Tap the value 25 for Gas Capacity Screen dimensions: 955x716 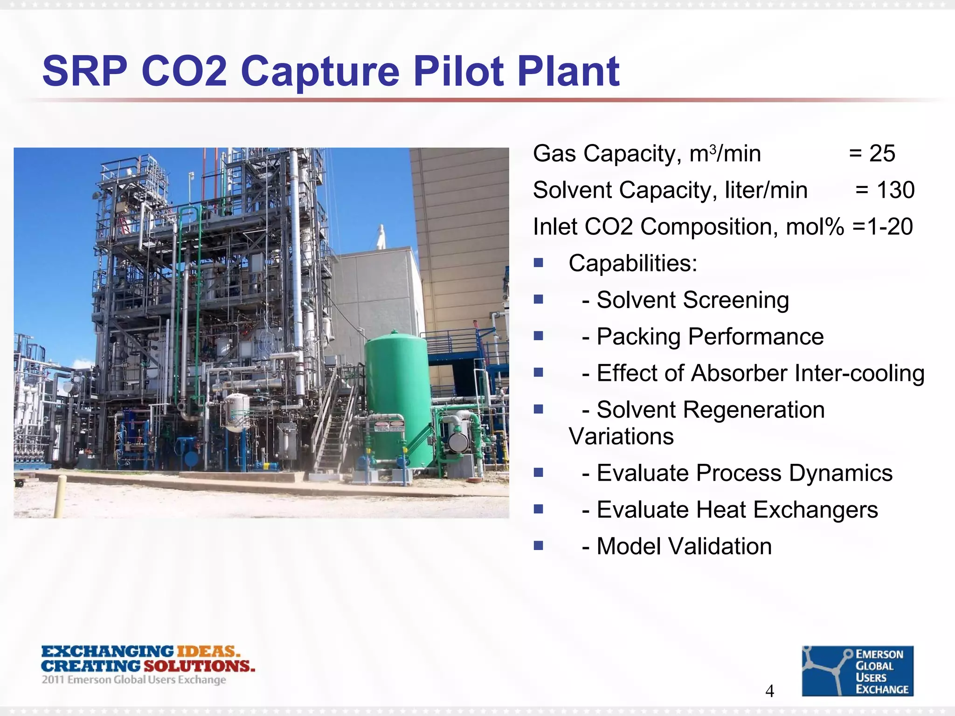tap(882, 154)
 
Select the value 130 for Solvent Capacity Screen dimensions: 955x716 tap(895, 190)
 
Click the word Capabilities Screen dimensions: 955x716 tap(632, 263)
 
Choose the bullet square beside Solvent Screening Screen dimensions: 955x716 tap(539, 299)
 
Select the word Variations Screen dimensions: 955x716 tap(621, 437)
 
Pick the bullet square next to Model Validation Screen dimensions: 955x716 tap(539, 545)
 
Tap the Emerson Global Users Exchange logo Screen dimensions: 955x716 tap(858, 671)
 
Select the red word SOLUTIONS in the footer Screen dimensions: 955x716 tap(200, 666)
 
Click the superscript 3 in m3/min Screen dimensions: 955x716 tap(713, 149)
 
